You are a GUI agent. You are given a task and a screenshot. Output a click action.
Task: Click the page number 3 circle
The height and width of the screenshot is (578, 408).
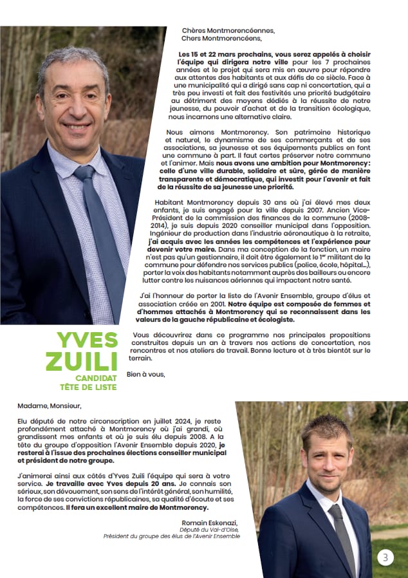click(x=385, y=557)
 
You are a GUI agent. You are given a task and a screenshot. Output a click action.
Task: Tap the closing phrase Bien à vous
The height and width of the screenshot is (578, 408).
click(x=145, y=374)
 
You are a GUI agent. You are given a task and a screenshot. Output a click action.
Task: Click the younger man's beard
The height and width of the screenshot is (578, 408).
click(x=329, y=475)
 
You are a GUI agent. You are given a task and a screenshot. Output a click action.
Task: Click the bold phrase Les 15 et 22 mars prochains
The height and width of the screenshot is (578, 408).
click(x=220, y=55)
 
